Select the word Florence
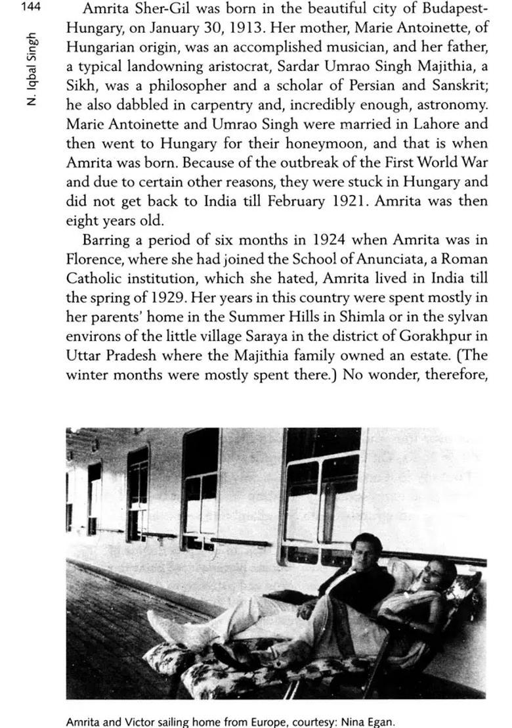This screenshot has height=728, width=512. pos(93,259)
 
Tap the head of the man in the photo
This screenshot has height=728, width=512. pos(365,549)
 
